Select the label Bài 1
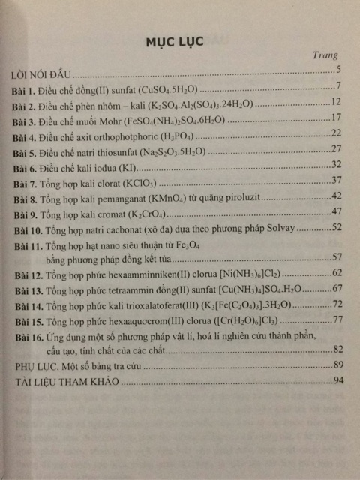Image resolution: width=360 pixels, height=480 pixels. click(26, 88)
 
